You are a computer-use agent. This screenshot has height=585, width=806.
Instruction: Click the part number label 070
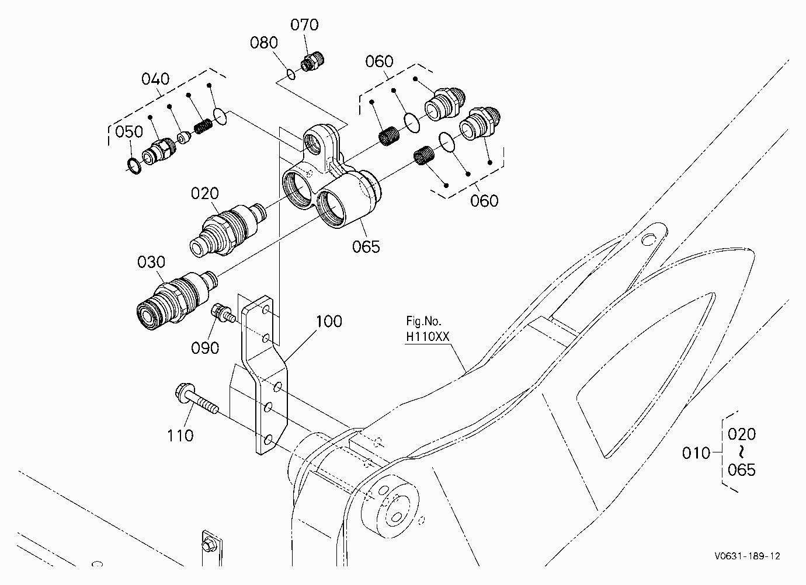(x=304, y=25)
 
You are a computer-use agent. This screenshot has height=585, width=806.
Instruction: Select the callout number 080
(x=264, y=43)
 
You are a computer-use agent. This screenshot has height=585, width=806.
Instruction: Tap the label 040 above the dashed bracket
(x=155, y=79)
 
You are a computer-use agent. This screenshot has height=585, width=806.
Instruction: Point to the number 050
(x=129, y=131)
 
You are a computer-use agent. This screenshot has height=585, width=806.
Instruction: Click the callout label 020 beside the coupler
(x=205, y=194)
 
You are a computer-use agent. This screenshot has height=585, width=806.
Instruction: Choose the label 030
(x=151, y=262)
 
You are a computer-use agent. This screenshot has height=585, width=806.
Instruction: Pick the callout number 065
(x=366, y=247)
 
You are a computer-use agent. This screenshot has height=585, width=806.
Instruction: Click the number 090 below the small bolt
(x=205, y=348)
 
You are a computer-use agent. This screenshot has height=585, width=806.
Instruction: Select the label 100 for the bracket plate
(x=329, y=321)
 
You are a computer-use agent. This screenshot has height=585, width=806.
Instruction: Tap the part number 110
(x=180, y=436)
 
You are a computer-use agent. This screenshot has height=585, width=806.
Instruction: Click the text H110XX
(x=428, y=337)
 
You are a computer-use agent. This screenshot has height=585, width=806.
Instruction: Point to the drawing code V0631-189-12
(x=748, y=556)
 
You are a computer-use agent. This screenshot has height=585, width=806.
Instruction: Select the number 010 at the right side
(x=696, y=453)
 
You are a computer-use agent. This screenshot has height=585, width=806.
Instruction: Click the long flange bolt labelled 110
(x=197, y=399)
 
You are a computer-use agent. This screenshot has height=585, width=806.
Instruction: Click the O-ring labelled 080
(x=291, y=75)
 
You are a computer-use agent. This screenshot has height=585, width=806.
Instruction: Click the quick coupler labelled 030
(x=177, y=301)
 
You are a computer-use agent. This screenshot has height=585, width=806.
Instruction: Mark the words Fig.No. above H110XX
(x=423, y=321)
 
